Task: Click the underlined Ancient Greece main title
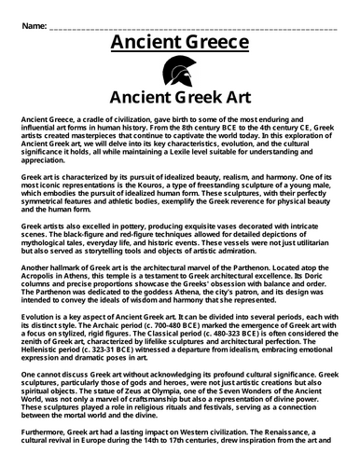[180, 44]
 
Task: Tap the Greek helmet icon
[180, 72]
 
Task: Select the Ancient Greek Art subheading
[180, 98]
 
